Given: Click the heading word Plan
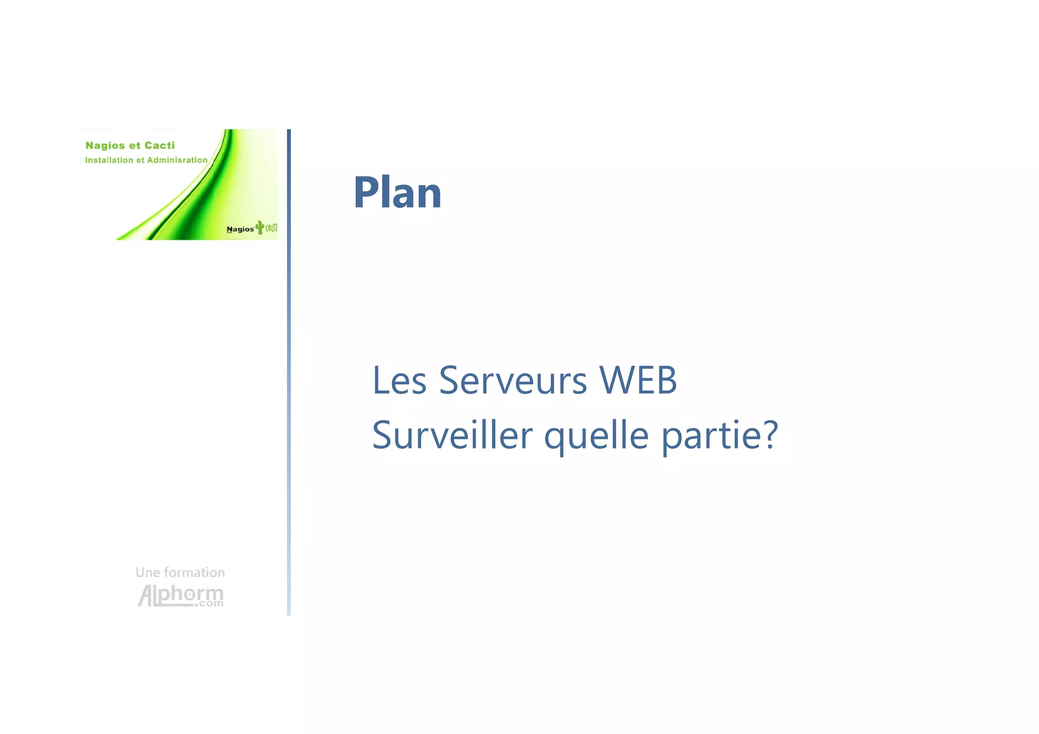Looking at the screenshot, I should click(397, 193).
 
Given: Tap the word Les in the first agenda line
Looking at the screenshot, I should click(399, 380).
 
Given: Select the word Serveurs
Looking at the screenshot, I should click(512, 380).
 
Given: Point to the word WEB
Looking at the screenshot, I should click(638, 380).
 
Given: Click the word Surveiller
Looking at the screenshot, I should click(452, 435).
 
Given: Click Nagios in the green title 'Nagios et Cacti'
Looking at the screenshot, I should click(105, 146).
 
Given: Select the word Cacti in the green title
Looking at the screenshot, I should click(159, 146).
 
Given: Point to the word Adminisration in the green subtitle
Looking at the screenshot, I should click(177, 160).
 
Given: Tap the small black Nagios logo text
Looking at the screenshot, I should click(240, 229).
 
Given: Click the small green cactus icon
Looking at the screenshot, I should click(260, 227).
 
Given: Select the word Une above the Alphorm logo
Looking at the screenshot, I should click(148, 573).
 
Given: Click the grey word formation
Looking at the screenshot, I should click(194, 573).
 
